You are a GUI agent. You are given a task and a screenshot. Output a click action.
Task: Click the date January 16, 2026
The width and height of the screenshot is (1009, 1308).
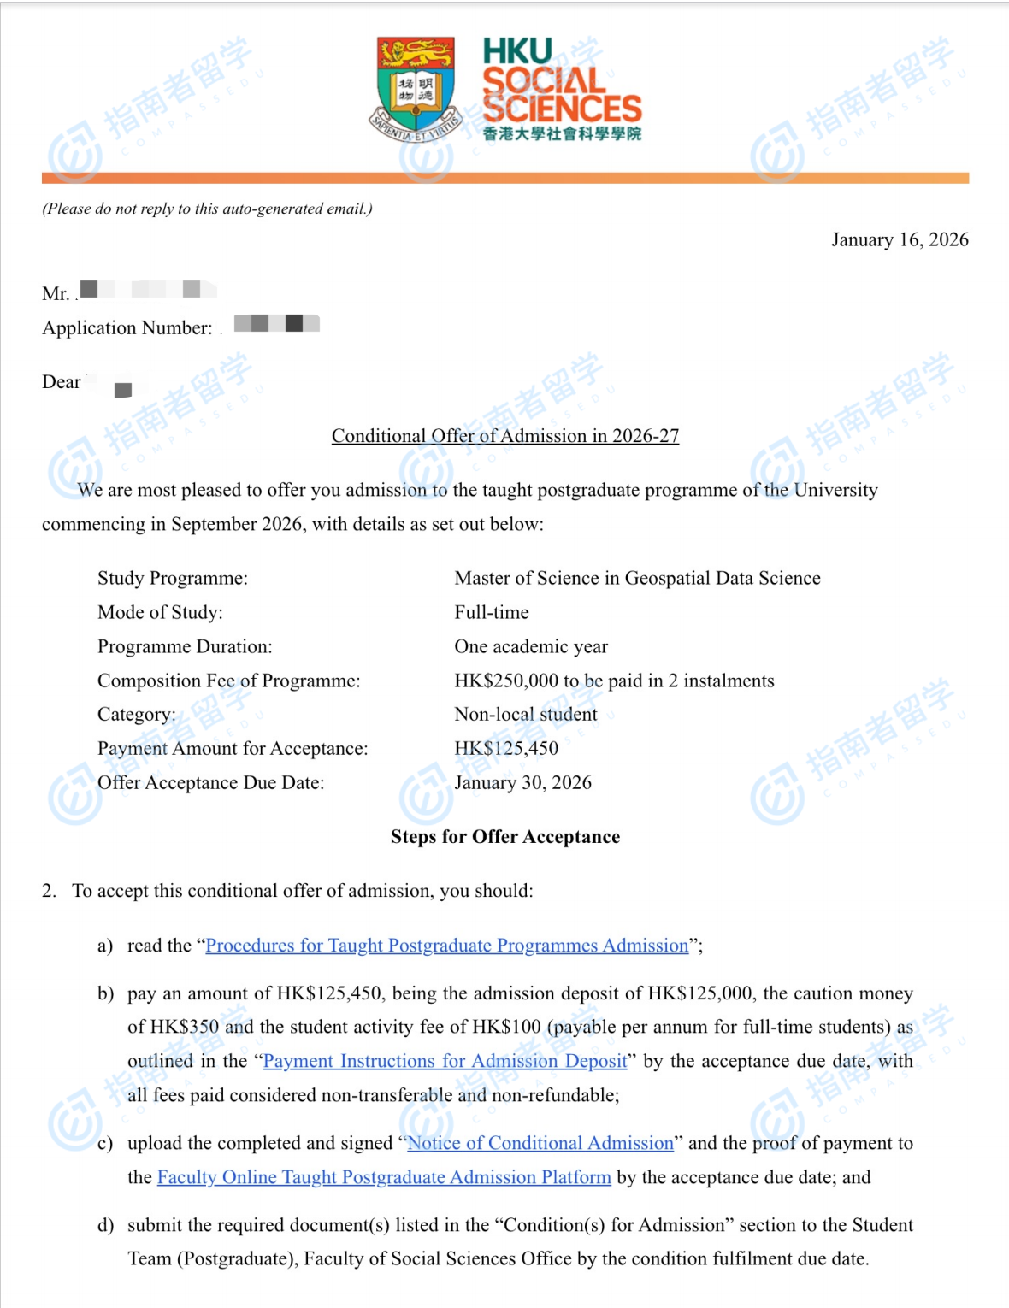pos(900,239)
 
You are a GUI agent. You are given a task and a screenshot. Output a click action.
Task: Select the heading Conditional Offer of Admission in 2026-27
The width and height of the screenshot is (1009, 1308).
pos(505,436)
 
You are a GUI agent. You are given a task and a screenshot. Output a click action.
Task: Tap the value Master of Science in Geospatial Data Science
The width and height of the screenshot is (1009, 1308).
pos(637,579)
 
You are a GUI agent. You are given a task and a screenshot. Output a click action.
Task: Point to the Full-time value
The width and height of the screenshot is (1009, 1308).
pos(492,613)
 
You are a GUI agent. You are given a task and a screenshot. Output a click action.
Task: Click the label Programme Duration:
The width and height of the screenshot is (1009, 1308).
pos(185,647)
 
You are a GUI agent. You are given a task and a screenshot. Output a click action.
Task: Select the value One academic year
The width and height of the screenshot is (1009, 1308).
pos(531,647)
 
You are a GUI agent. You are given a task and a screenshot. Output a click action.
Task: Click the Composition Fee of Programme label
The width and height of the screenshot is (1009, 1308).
pos(228,681)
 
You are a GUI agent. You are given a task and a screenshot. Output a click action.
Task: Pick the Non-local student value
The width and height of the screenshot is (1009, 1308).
pos(526,715)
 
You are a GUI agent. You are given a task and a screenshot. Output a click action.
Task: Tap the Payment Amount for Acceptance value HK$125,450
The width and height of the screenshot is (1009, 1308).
pos(506,749)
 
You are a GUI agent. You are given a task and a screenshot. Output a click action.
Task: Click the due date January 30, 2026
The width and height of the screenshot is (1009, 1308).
pos(522,783)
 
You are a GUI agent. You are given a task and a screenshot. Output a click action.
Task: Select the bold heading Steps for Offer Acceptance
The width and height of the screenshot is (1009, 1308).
pos(505,837)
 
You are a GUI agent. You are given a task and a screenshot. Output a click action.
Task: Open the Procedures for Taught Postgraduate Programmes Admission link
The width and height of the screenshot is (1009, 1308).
pos(447,946)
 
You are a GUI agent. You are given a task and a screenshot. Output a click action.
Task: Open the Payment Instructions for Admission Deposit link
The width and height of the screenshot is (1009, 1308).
pos(445,1061)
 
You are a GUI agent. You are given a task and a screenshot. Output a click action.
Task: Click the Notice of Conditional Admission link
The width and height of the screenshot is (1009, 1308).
pos(540,1143)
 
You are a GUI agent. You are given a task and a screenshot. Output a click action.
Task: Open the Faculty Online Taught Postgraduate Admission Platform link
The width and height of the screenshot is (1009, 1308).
pos(384,1177)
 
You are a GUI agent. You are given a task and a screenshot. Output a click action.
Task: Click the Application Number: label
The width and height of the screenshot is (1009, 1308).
pos(127,328)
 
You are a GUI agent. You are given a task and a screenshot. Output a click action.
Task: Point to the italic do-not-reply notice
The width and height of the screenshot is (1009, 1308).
pos(207,209)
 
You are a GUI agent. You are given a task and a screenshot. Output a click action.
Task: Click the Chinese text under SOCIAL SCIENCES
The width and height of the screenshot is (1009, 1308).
pos(562,134)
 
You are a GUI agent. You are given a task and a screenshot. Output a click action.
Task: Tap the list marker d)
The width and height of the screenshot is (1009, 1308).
pos(105,1225)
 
